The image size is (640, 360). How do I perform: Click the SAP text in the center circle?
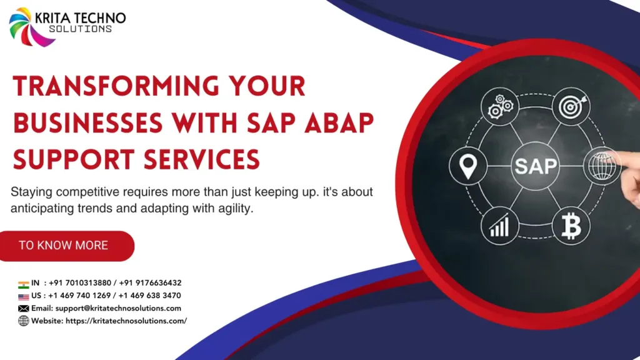[534, 167]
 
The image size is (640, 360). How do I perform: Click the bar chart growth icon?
[499, 227]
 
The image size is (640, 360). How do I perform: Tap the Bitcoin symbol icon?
[571, 227]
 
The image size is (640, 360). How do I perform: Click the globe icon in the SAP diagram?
[604, 167]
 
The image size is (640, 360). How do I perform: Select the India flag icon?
[24, 283]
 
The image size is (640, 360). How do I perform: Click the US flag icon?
[24, 296]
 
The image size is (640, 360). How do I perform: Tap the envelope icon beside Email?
[24, 308]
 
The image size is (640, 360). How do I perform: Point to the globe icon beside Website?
[24, 321]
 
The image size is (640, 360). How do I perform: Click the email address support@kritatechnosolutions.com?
[118, 308]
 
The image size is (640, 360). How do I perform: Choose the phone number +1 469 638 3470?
[149, 296]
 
